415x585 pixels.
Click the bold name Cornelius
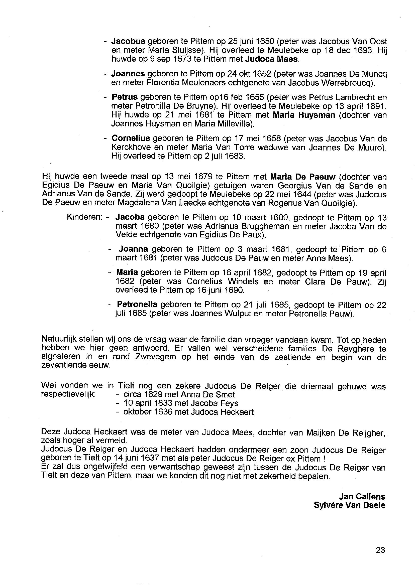tap(131, 138)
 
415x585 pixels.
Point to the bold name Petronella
tap(137, 305)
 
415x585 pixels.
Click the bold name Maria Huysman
tap(304, 115)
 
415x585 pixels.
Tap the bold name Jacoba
tap(130, 217)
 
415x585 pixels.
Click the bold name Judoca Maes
tap(272, 59)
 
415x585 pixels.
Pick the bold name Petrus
tap(125, 97)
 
